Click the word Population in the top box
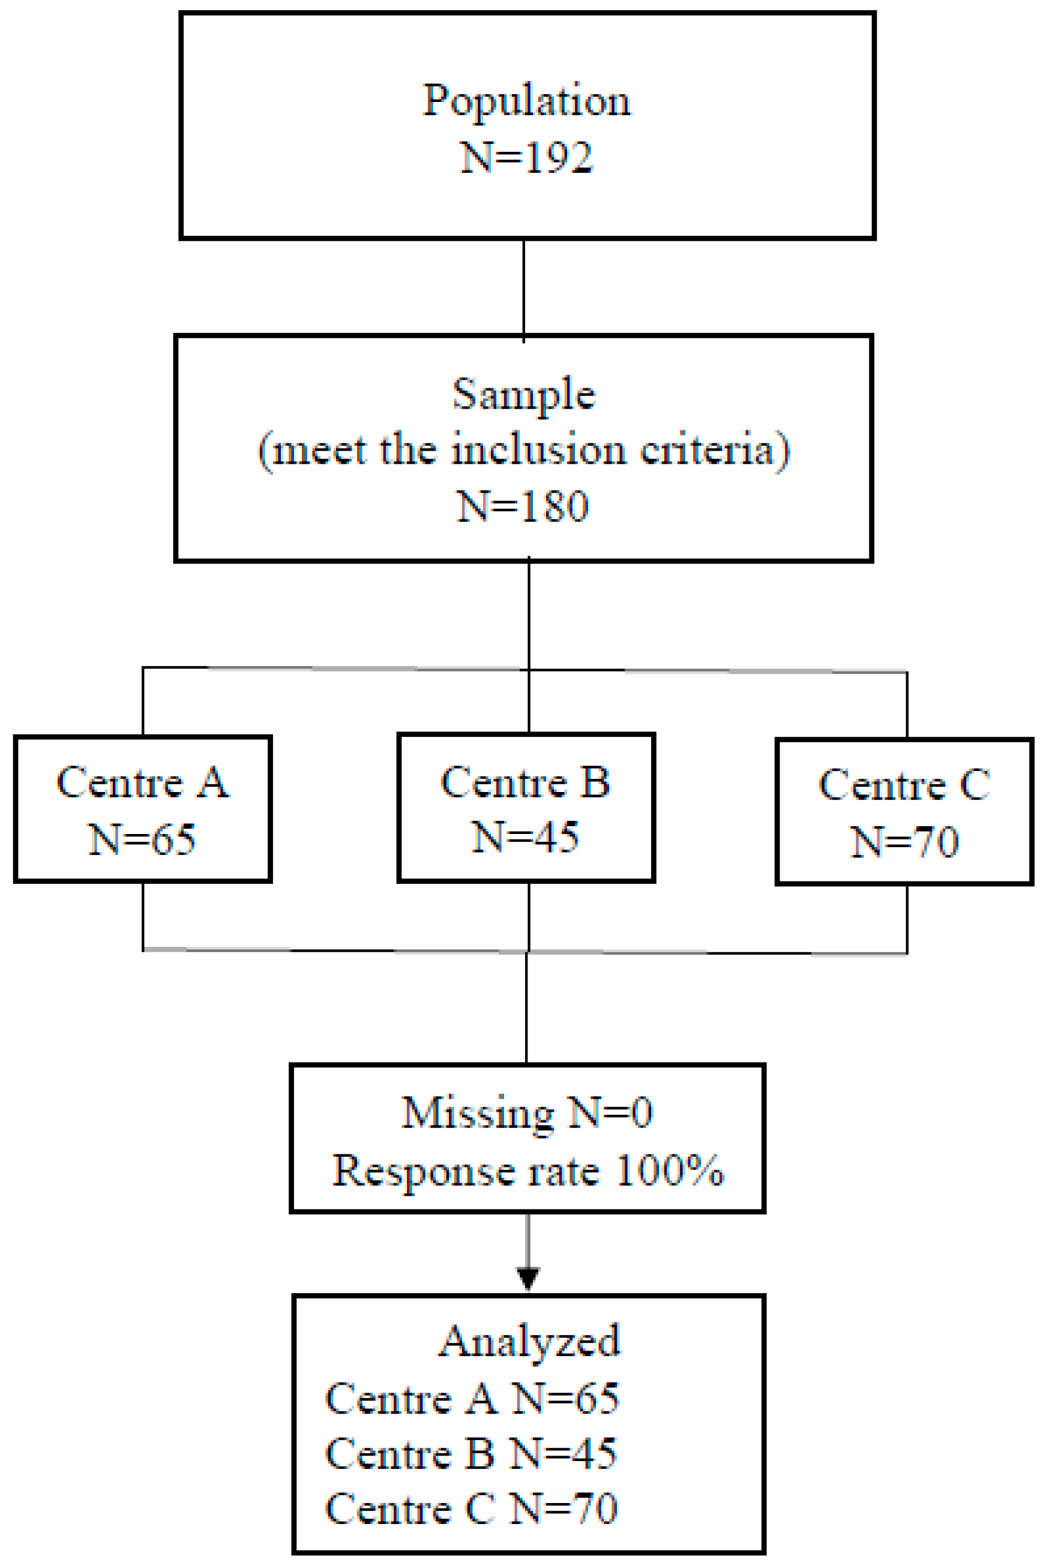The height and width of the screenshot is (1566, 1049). pyautogui.click(x=526, y=101)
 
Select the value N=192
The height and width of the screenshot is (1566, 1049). pyautogui.click(x=526, y=158)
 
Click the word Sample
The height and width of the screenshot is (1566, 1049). pyautogui.click(x=523, y=395)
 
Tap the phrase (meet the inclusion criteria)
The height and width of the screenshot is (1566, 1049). pyautogui.click(x=524, y=450)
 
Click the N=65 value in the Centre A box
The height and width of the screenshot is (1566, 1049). pyautogui.click(x=142, y=839)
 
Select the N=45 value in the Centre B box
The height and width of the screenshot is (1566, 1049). pyautogui.click(x=525, y=837)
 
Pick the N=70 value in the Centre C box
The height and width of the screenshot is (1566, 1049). pyautogui.click(x=904, y=842)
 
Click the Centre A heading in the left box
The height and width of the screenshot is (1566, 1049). pyautogui.click(x=142, y=782)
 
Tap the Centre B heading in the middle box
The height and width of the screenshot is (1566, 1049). pyautogui.click(x=525, y=782)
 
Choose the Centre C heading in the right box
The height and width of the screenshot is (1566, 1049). pyautogui.click(x=904, y=785)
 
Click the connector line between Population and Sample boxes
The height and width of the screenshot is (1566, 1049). pyautogui.click(x=523, y=287)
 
